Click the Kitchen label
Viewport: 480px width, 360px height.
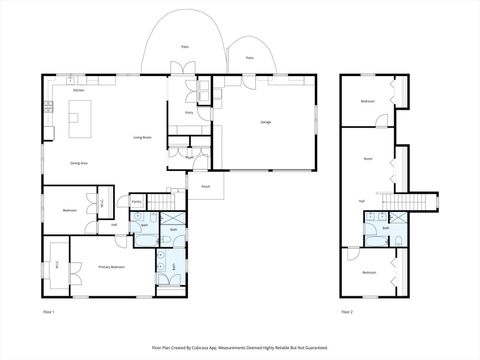click(x=78, y=91)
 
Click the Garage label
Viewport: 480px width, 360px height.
click(x=265, y=121)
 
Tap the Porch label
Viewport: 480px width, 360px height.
click(x=205, y=186)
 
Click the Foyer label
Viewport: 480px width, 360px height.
click(x=189, y=157)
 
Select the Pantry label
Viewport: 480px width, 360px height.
click(x=136, y=202)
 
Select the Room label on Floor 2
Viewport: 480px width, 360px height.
click(x=368, y=158)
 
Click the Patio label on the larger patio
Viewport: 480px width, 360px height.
click(x=184, y=46)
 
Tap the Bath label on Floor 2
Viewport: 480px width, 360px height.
click(x=386, y=228)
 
